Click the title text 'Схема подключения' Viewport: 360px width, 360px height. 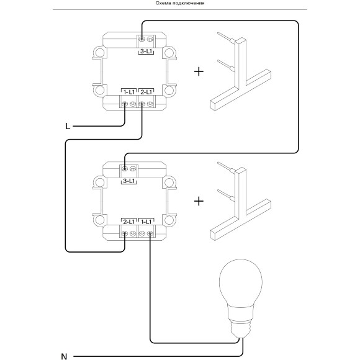[x=180, y=3]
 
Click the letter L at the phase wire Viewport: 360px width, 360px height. [x=68, y=126]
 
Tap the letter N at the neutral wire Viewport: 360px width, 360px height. [x=64, y=356]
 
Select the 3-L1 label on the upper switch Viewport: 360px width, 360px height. [x=146, y=52]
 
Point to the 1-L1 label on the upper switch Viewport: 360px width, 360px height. [x=129, y=92]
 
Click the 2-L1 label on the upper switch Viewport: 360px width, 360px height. [x=146, y=92]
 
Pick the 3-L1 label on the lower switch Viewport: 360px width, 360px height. [x=128, y=181]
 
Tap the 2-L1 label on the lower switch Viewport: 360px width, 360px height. [x=129, y=222]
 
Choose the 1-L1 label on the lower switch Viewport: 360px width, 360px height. [x=146, y=222]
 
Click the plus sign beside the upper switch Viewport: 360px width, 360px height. [x=199, y=71]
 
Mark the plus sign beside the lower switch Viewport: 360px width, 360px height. [x=199, y=201]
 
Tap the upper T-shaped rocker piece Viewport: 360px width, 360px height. [x=240, y=73]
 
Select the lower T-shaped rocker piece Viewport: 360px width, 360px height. [x=240, y=202]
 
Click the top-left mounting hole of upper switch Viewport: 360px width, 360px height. [x=100, y=53]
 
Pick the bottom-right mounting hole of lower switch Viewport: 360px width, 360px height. [x=169, y=220]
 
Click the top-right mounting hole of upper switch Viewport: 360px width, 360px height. [x=169, y=53]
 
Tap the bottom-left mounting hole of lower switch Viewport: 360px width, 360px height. [x=100, y=220]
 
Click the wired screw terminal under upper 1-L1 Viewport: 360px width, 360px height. [x=124, y=104]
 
